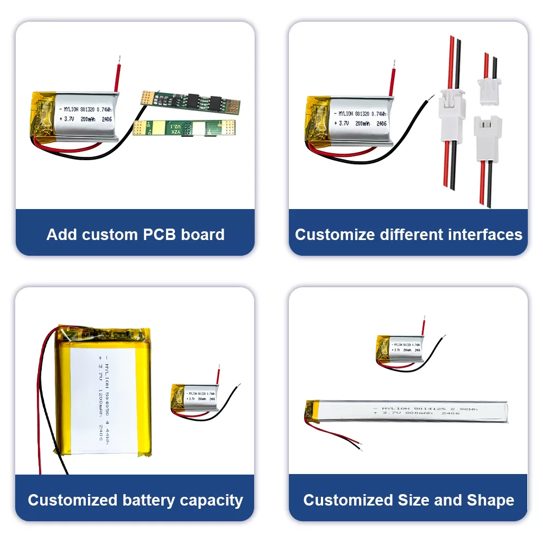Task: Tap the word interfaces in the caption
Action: [485, 235]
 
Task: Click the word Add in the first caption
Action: [61, 235]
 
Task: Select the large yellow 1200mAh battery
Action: [103, 391]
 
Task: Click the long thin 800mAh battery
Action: [407, 411]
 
